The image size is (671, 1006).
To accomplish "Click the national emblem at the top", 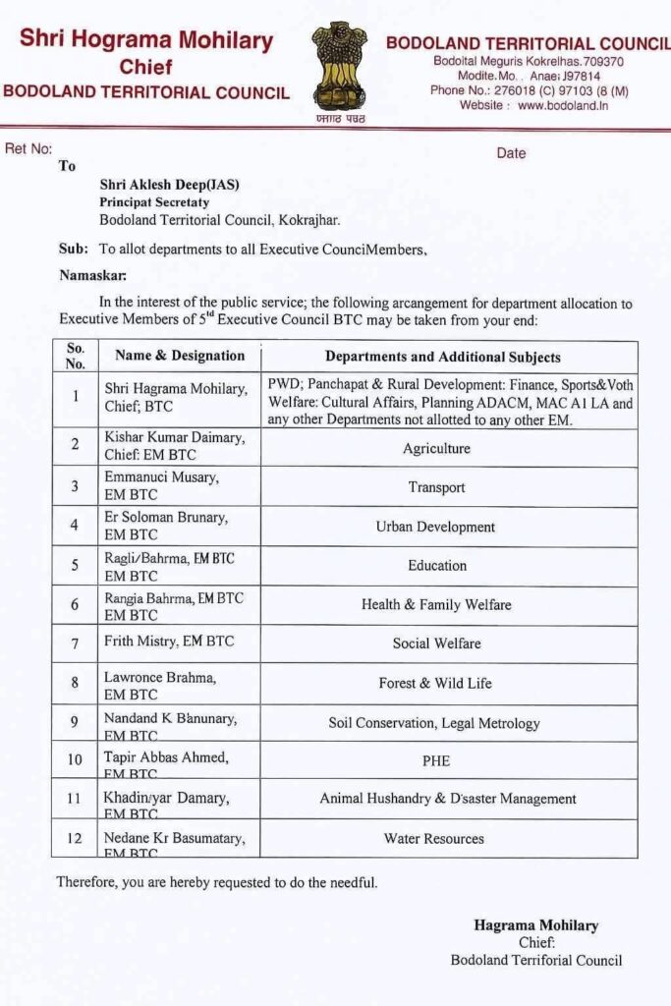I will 339,66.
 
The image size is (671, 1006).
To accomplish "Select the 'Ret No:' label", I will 28,148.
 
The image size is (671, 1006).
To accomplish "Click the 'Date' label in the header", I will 511,153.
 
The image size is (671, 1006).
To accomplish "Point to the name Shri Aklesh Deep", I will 169,185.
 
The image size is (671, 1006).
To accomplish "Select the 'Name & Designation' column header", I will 180,356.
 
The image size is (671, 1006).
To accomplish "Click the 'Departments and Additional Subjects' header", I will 443,357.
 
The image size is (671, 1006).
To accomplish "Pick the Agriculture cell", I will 436,448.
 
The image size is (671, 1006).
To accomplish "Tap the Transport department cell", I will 436,487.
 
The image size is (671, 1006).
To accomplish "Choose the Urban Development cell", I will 435,527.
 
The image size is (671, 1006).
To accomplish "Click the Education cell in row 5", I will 437,566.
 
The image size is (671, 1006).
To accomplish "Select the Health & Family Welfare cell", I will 436,605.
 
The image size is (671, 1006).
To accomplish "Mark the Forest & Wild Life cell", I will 435,683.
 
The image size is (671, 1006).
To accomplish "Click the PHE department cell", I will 436,760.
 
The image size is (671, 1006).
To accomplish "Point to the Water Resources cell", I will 434,839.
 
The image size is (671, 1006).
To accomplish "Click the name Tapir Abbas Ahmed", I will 166,756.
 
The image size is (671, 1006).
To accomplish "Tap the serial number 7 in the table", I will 75,643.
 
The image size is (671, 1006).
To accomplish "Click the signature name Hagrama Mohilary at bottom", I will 535,925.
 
